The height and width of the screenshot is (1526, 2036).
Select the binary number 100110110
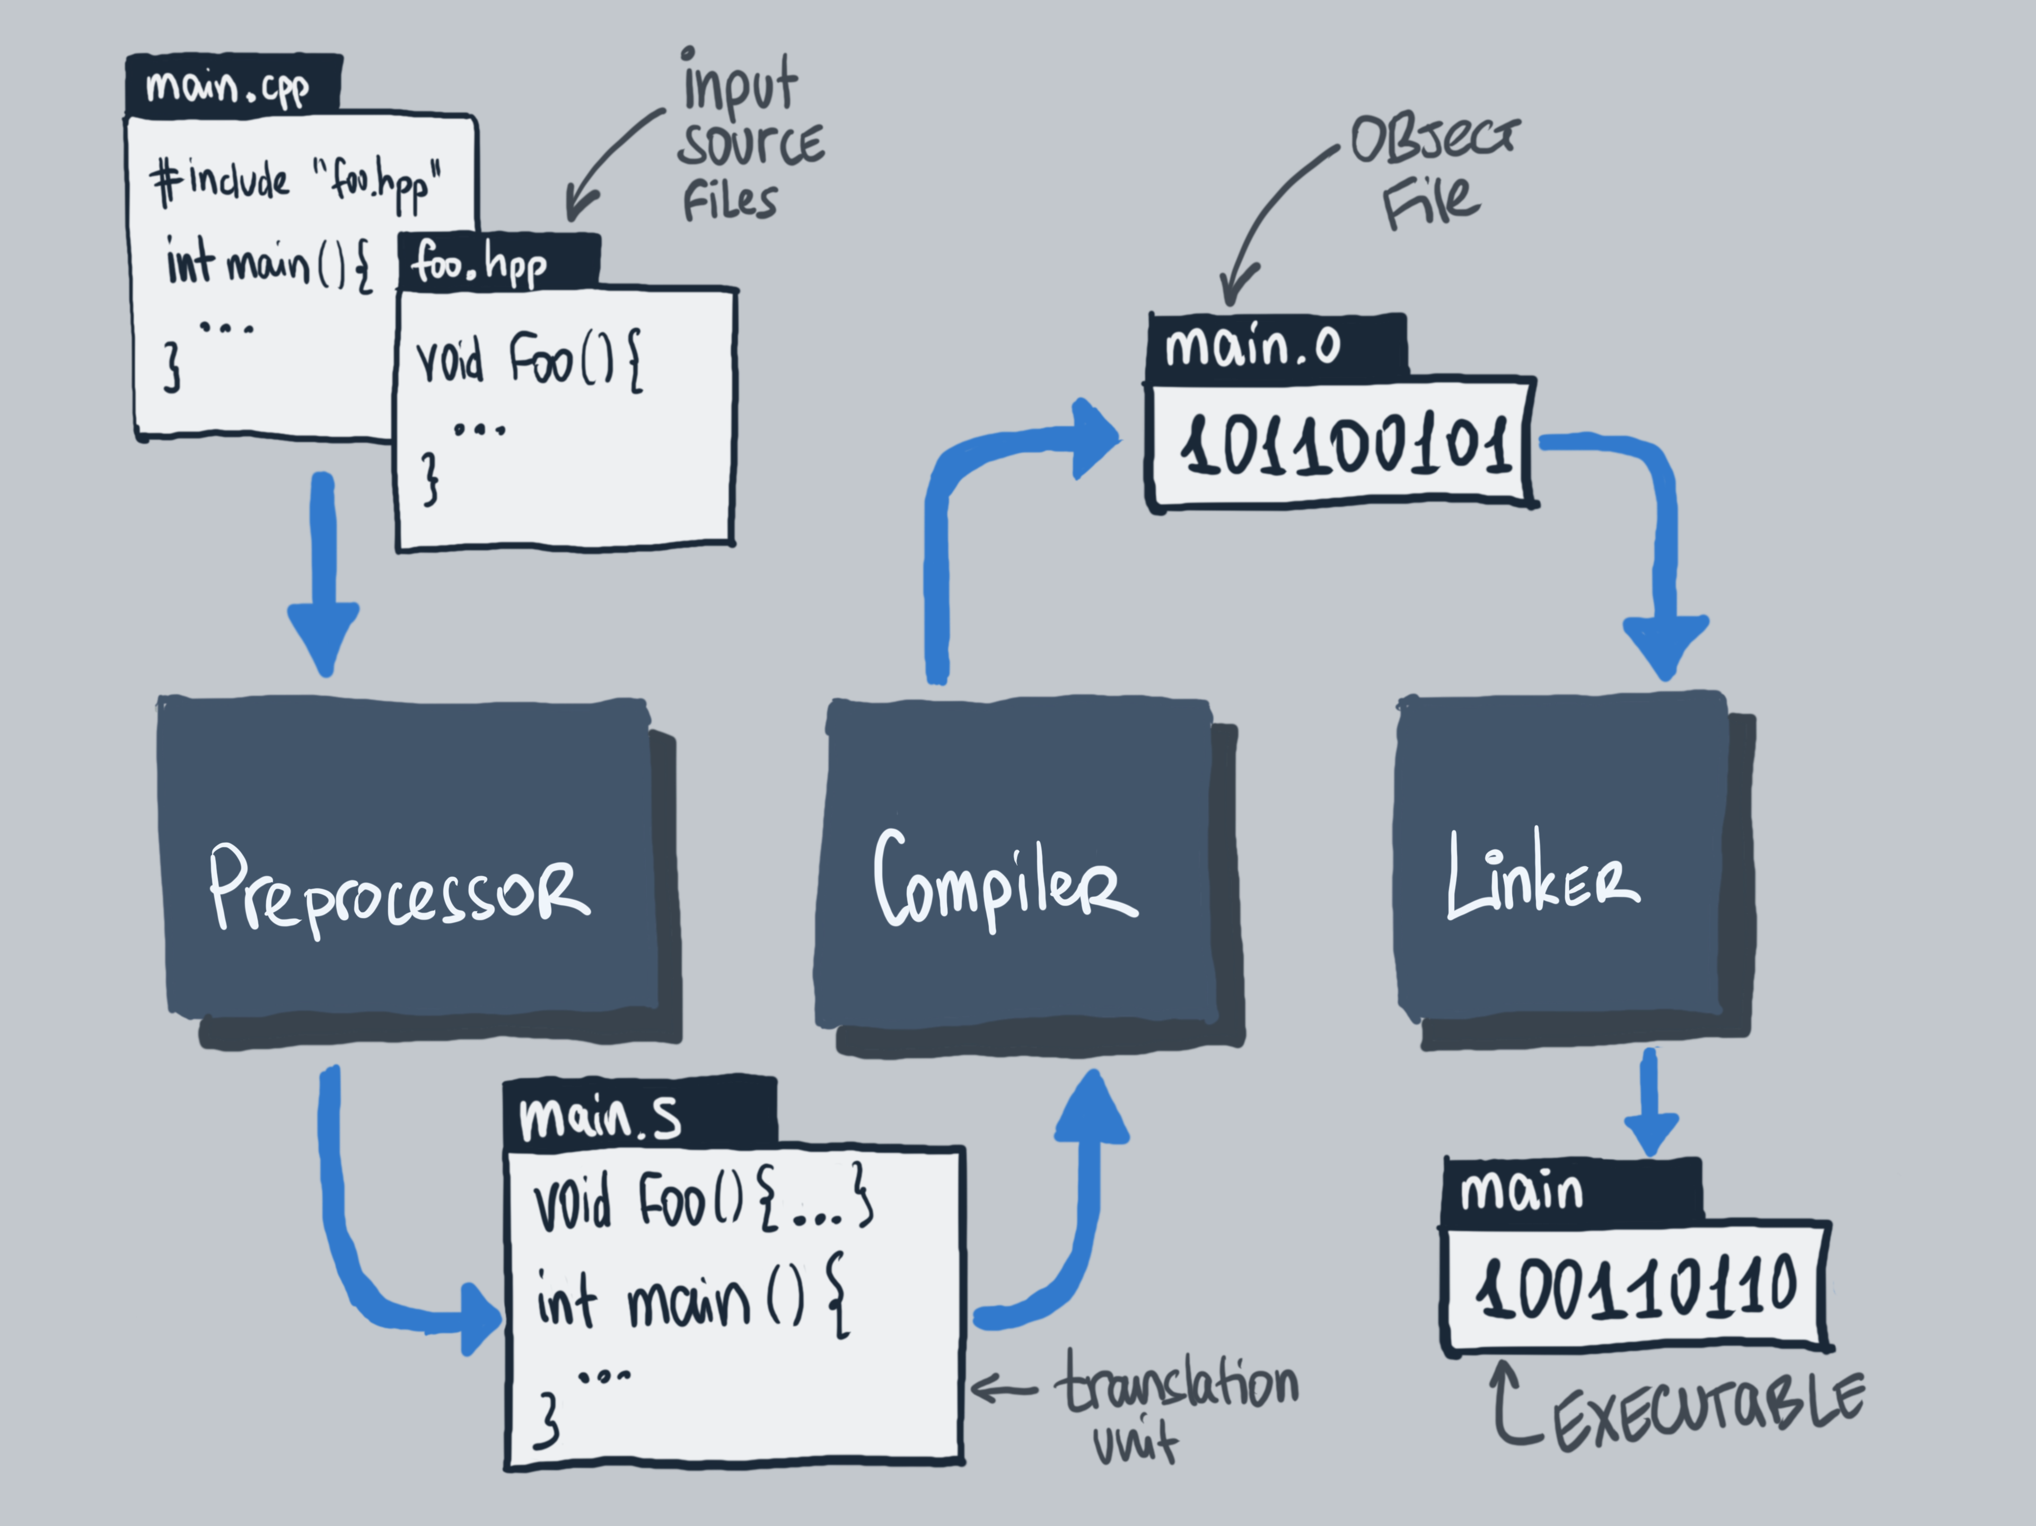tap(1635, 1287)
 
